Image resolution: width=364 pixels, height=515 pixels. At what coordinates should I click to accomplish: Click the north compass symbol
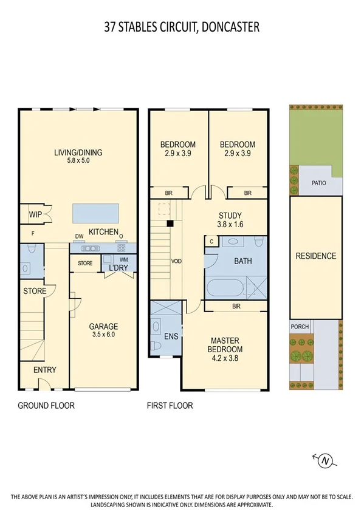pyautogui.click(x=326, y=462)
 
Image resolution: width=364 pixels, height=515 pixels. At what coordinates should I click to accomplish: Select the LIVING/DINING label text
pyautogui.click(x=77, y=152)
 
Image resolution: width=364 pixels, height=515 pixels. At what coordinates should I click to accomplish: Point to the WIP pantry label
pyautogui.click(x=34, y=214)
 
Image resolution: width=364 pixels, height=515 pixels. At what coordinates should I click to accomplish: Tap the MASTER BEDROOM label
pyautogui.click(x=226, y=345)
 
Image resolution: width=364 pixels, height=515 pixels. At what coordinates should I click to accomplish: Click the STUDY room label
pyautogui.click(x=230, y=215)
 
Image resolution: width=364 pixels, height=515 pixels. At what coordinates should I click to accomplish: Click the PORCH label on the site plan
pyautogui.click(x=300, y=327)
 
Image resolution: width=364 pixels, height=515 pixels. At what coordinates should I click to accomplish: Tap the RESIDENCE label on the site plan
pyautogui.click(x=315, y=256)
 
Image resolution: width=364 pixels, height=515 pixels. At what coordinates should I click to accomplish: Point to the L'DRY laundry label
pyautogui.click(x=117, y=268)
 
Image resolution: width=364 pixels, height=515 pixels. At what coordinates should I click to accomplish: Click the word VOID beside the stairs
pyautogui.click(x=176, y=261)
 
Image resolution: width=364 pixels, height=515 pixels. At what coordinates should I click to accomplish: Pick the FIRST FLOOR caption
pyautogui.click(x=170, y=406)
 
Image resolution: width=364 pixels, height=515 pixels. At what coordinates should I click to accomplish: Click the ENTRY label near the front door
pyautogui.click(x=44, y=370)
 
